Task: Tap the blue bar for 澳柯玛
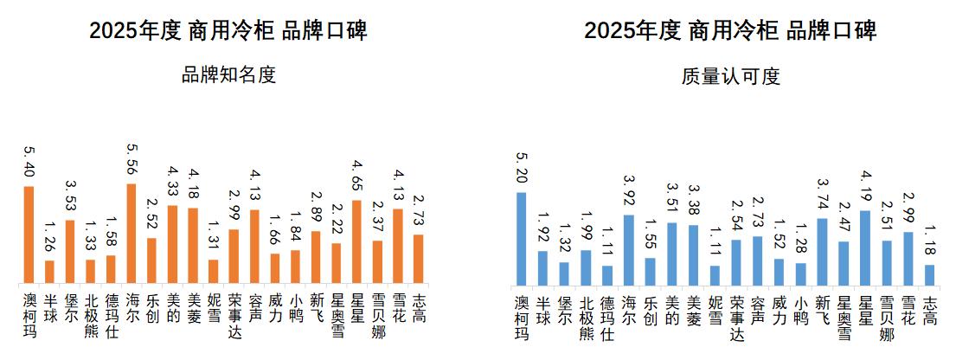tap(521, 238)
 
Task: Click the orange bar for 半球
tap(49, 272)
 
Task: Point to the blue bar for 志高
tap(930, 274)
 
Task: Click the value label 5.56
tap(131, 160)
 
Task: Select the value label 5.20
tap(521, 169)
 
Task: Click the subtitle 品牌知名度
tap(228, 75)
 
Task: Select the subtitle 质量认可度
tap(731, 76)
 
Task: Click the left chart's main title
tap(228, 31)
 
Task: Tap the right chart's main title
tap(731, 31)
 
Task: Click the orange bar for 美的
tap(172, 245)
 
